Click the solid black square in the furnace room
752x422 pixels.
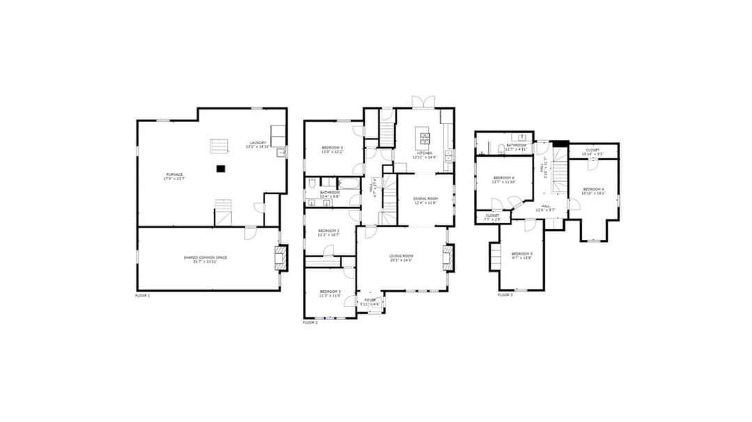point(221,168)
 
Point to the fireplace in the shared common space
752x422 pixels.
point(280,257)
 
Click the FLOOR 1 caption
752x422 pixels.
point(142,296)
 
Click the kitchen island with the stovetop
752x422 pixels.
point(424,135)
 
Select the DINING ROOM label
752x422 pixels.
point(425,200)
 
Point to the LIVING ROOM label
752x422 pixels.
point(401,257)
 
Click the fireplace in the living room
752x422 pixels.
point(449,257)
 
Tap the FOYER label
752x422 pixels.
point(370,301)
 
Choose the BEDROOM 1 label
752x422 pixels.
point(330,292)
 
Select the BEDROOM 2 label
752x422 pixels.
point(329,232)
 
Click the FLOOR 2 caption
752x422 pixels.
point(310,322)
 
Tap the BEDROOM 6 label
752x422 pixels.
point(503,179)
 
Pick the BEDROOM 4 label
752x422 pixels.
point(593,190)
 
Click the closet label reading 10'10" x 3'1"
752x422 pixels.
point(593,151)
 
